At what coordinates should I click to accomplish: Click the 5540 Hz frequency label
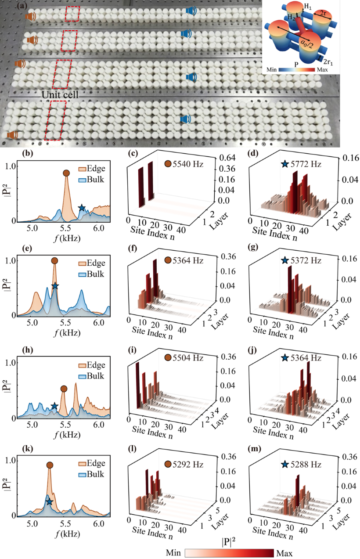[x=188, y=164]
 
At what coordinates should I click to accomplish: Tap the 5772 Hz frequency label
[x=306, y=164]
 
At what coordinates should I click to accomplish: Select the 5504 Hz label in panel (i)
[x=188, y=357]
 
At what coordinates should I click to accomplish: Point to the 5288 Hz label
[x=306, y=464]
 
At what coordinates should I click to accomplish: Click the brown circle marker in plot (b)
[x=66, y=173]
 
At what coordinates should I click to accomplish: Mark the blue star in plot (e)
[x=55, y=286]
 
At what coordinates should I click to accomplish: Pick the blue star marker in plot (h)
[x=54, y=406]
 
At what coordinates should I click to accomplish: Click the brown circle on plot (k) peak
[x=50, y=465]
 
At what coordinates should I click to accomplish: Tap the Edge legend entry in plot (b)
[x=92, y=169]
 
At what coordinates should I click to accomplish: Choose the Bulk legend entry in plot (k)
[x=91, y=474]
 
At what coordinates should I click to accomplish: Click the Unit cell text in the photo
[x=60, y=95]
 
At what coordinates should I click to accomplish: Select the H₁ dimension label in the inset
[x=308, y=7]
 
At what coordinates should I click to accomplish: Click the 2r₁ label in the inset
[x=328, y=61]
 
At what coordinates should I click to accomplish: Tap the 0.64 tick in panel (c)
[x=227, y=158]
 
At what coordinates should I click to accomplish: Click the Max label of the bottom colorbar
[x=284, y=553]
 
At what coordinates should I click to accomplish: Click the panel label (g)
[x=253, y=247]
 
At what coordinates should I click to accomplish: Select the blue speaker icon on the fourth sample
[x=185, y=119]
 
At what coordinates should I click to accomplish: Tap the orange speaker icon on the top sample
[x=30, y=17]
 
